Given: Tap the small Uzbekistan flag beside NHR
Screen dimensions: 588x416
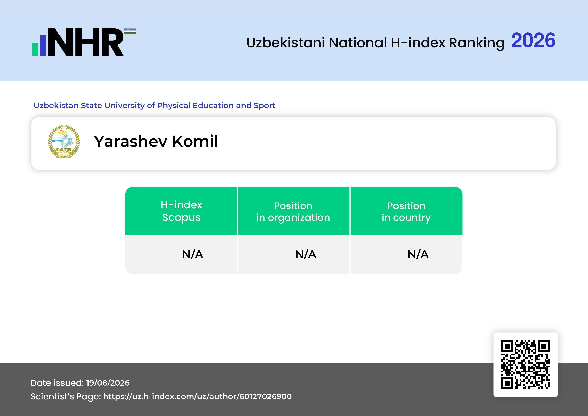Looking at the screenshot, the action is click(130, 31).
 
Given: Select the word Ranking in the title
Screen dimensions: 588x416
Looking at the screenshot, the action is click(477, 43).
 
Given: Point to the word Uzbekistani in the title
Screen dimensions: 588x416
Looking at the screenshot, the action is click(286, 43).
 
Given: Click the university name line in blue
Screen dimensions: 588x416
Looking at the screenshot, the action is click(154, 105).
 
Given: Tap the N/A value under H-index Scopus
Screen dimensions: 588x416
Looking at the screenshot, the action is click(193, 254).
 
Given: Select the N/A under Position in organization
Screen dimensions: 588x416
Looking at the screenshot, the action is click(306, 254).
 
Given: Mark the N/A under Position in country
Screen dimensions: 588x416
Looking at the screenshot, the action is click(418, 254).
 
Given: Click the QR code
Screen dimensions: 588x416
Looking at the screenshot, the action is click(525, 365).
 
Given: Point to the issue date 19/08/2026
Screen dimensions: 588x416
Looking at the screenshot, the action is click(108, 383).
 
